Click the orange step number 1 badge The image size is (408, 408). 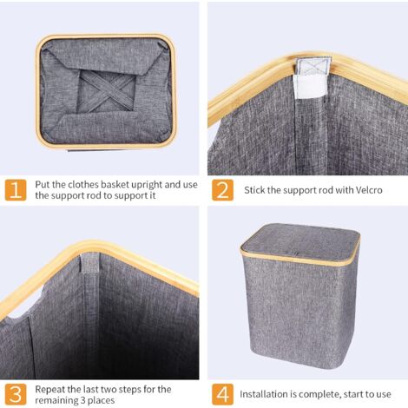pyautogui.click(x=16, y=190)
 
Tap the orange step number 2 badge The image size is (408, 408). pyautogui.click(x=222, y=190)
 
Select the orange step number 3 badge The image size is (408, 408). pyautogui.click(x=16, y=394)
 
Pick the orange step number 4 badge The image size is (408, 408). pyautogui.click(x=222, y=394)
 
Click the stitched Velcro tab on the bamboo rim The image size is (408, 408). pyautogui.click(x=313, y=66)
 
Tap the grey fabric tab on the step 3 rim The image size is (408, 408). pyautogui.click(x=89, y=262)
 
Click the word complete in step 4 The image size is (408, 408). pyautogui.click(x=316, y=395)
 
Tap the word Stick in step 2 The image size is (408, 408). pyautogui.click(x=254, y=190)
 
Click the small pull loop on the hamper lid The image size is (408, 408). pyautogui.click(x=294, y=253)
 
